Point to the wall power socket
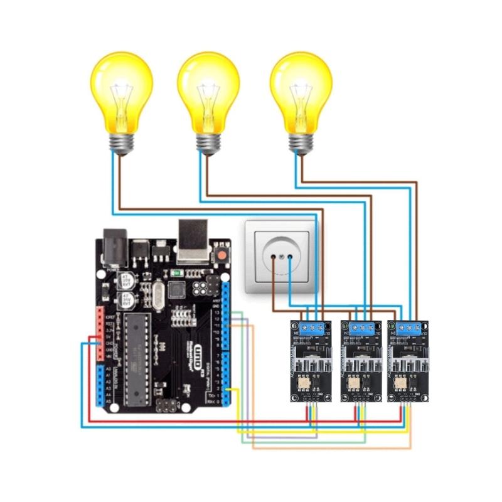coord(281,257)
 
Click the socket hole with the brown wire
coord(274,257)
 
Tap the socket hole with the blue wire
coord(289,257)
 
